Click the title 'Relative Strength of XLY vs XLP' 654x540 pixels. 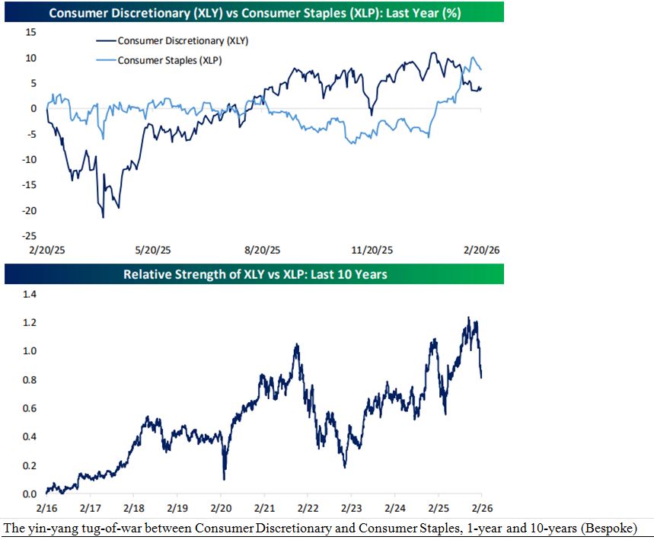click(255, 273)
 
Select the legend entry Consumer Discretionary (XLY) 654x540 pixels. click(183, 41)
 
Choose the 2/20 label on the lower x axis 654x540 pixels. click(221, 506)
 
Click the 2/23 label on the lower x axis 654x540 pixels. click(351, 506)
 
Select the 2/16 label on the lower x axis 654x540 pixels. click(46, 506)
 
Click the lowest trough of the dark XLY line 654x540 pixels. click(103, 217)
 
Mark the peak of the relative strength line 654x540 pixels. click(468, 318)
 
